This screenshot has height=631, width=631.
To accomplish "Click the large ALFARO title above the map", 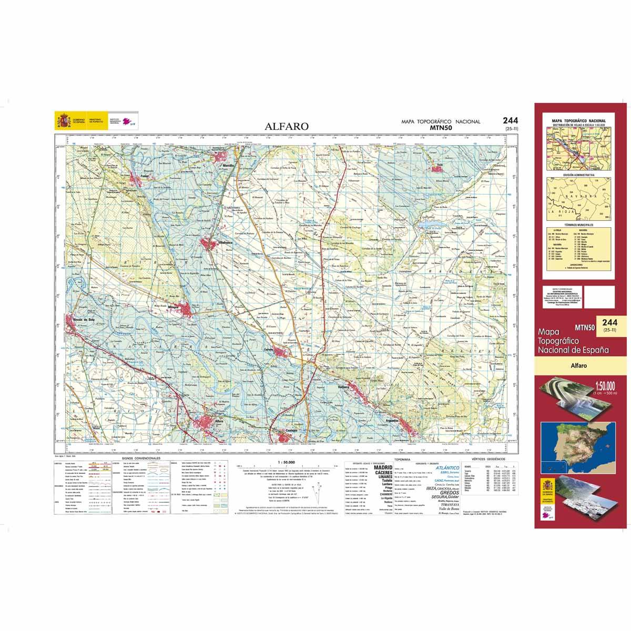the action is pyautogui.click(x=287, y=126).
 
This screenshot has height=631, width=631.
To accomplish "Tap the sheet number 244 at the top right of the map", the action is pyautogui.click(x=511, y=120).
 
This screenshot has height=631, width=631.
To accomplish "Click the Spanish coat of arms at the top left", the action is pyautogui.click(x=62, y=121).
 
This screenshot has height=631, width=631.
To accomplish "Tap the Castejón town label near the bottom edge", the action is pyautogui.click(x=292, y=430).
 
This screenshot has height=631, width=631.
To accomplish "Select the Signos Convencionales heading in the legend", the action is pyautogui.click(x=139, y=458).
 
